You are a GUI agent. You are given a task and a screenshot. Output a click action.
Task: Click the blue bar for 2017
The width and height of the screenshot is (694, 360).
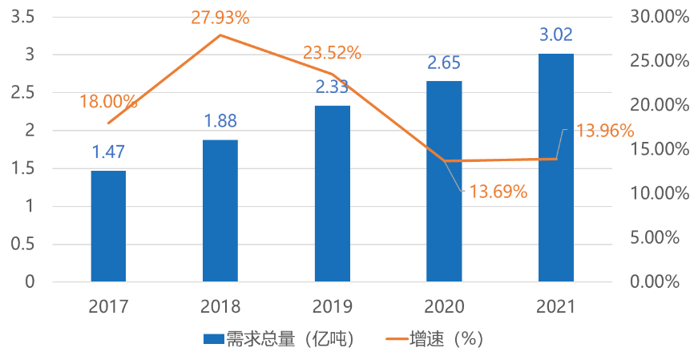coord(108,226)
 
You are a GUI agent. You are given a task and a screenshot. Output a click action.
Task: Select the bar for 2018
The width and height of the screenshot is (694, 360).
coord(220,211)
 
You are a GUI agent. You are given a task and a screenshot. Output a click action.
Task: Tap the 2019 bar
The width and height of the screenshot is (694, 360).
coord(332,193)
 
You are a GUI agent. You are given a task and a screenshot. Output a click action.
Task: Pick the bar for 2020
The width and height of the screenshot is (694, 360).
coord(444,181)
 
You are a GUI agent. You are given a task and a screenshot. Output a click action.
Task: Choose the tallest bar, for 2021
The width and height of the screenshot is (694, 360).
coord(555,168)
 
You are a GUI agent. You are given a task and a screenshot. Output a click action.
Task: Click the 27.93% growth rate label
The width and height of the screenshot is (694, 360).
coord(220,17)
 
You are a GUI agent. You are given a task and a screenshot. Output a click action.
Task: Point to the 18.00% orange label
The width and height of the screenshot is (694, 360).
coord(108,102)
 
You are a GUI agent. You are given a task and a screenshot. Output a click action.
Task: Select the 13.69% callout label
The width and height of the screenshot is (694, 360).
coord(498,192)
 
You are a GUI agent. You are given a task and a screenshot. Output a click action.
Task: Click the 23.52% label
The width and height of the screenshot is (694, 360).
coord(332,54)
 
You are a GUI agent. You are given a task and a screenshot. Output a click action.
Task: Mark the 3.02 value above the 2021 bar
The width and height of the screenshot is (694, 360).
coord(556,35)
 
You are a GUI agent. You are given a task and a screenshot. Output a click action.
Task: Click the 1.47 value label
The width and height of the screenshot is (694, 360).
coord(108,152)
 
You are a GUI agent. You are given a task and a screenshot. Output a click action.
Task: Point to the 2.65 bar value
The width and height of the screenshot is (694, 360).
coord(444,63)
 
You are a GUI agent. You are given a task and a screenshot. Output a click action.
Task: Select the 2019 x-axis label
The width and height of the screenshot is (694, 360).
coord(332,306)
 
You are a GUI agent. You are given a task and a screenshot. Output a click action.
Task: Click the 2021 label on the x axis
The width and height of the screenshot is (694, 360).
coord(555,306)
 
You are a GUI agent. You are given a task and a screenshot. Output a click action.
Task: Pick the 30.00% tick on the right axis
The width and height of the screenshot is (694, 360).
coord(660,17)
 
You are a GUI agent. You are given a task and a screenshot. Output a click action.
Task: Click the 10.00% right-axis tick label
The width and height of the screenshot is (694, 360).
coord(660,193)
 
